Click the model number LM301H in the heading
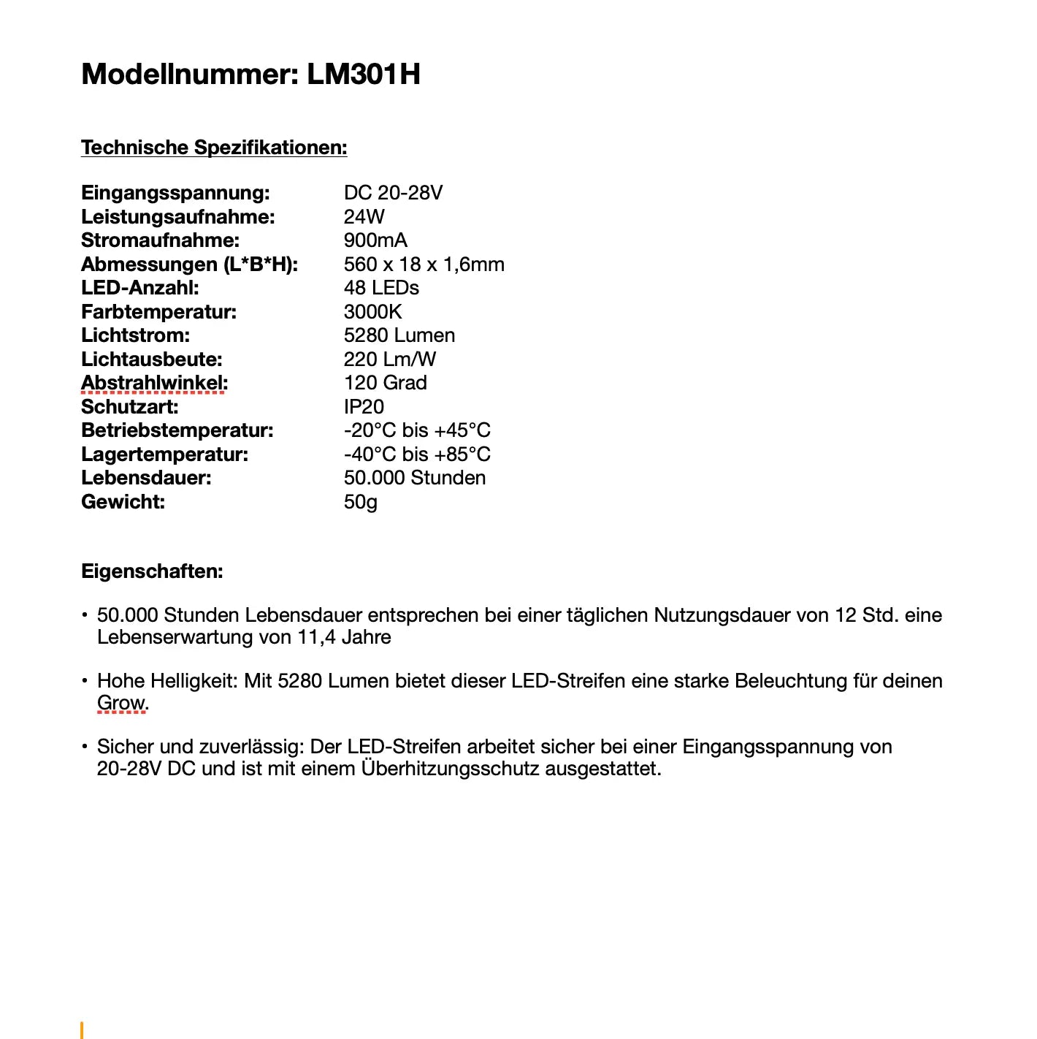(x=363, y=75)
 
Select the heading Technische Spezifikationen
(x=214, y=148)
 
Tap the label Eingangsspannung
(x=175, y=193)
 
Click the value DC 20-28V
(x=393, y=193)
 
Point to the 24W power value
(x=364, y=217)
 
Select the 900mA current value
(x=375, y=240)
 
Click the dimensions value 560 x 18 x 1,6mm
(x=424, y=264)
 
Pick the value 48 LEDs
(x=381, y=288)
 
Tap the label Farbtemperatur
(x=158, y=312)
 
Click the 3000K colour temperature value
(x=372, y=312)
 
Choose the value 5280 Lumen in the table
(x=399, y=335)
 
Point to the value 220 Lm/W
(x=389, y=359)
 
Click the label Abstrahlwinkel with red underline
(x=154, y=383)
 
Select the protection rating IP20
(x=364, y=407)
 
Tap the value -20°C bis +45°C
(x=417, y=430)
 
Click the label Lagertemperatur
(x=164, y=454)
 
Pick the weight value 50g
(x=360, y=502)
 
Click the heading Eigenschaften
(x=152, y=571)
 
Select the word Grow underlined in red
(x=121, y=703)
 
